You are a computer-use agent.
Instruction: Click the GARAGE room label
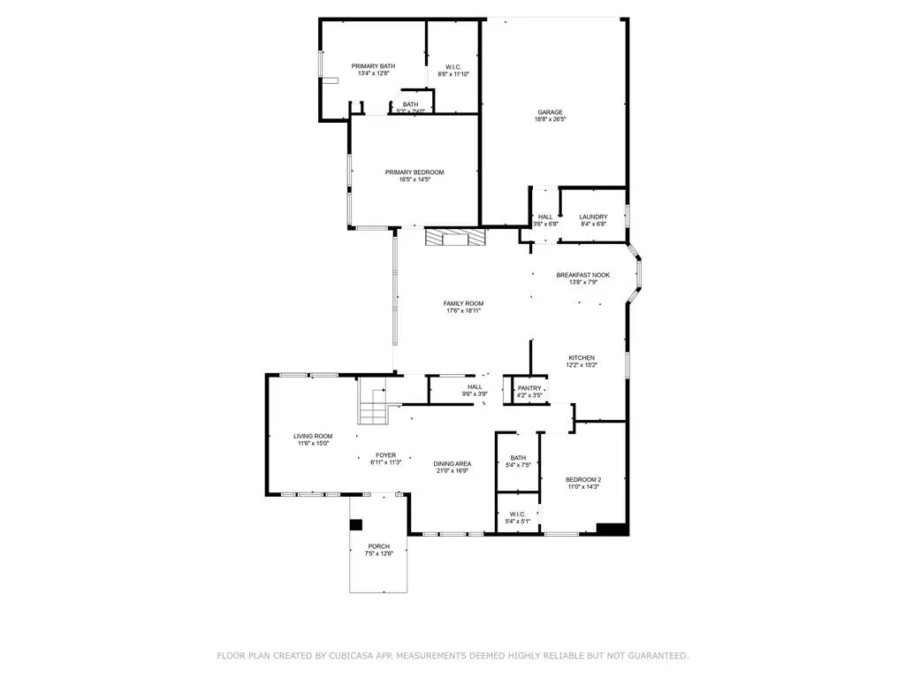(x=550, y=112)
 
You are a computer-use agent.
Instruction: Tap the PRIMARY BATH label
(x=373, y=66)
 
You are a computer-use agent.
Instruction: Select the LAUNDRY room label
(x=593, y=217)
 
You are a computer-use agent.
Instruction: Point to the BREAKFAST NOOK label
(x=582, y=275)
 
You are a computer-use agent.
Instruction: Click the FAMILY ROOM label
(x=463, y=303)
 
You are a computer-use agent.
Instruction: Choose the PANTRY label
(x=529, y=388)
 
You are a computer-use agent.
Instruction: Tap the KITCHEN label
(x=582, y=357)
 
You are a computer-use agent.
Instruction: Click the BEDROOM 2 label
(x=583, y=480)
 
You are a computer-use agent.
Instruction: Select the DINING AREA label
(x=452, y=463)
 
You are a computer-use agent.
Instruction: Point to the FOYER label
(x=385, y=454)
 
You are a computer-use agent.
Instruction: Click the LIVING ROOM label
(x=313, y=436)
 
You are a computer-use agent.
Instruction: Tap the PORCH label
(x=379, y=546)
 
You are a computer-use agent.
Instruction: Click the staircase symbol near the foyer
(x=372, y=408)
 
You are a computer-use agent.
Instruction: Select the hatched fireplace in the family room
(x=455, y=238)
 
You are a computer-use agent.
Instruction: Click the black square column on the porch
(x=356, y=524)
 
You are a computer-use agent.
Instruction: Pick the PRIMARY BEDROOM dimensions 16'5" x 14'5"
(x=414, y=179)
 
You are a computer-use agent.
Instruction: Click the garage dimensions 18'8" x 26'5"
(x=550, y=119)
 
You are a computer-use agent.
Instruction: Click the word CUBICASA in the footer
(x=355, y=655)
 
